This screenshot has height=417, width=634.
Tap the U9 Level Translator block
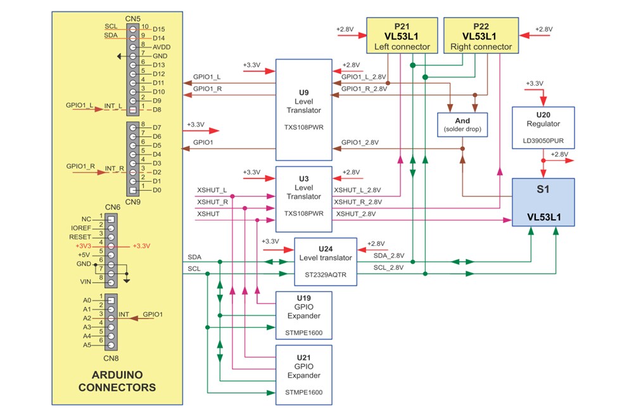(304, 110)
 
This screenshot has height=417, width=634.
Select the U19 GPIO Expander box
(304, 315)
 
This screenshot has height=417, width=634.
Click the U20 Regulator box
(543, 127)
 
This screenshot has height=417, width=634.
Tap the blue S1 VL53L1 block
(543, 202)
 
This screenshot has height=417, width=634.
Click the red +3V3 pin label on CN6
(84, 245)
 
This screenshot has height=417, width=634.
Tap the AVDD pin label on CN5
(162, 47)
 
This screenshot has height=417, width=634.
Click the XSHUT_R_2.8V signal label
(358, 202)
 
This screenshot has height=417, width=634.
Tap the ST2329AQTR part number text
(326, 274)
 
